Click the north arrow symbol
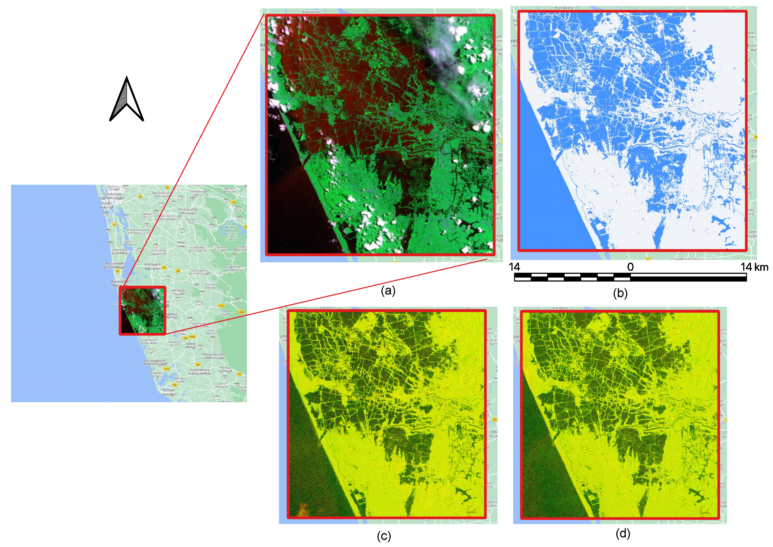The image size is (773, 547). tap(127, 99)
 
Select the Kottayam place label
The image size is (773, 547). tap(152, 265)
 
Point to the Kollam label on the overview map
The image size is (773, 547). tap(169, 390)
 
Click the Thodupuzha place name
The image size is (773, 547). tap(187, 209)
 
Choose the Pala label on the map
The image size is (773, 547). tap(181, 242)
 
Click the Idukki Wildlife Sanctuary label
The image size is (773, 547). tap(231, 227)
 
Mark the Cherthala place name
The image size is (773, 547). tap(119, 250)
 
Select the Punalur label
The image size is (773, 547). tap(225, 367)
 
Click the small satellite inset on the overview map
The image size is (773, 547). tap(142, 311)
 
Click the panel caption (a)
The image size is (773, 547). tap(388, 290)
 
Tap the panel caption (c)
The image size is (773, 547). tap(384, 536)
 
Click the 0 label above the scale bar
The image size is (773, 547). tap(630, 267)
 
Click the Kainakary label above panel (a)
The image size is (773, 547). tap(311, 12)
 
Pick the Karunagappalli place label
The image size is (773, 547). tap(155, 361)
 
